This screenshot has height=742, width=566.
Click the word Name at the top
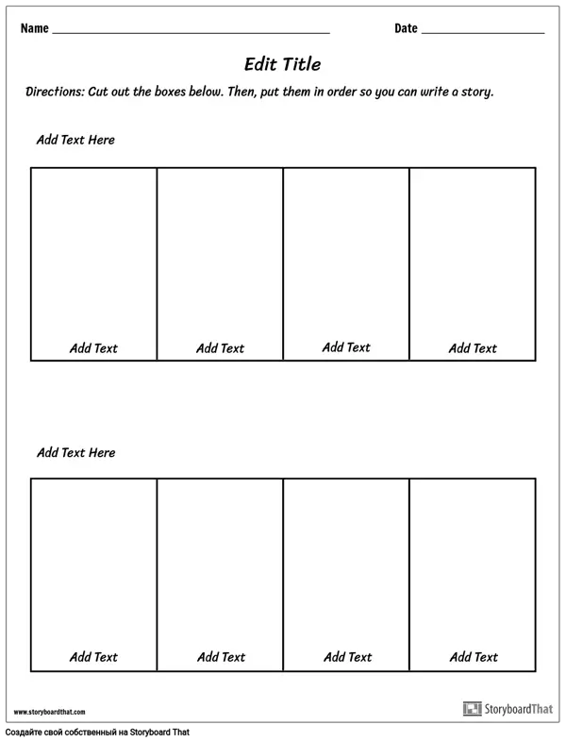(x=34, y=28)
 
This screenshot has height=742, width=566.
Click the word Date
(x=406, y=28)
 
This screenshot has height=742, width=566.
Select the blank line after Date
(x=483, y=32)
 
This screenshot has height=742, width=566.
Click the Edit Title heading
(x=282, y=64)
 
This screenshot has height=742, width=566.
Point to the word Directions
(x=55, y=93)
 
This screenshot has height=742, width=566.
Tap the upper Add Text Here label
(x=75, y=140)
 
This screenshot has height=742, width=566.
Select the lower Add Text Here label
(x=75, y=452)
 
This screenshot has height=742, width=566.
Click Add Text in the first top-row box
(x=93, y=348)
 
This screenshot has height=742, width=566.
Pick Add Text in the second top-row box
(x=220, y=348)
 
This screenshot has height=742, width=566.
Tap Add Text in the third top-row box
(x=346, y=347)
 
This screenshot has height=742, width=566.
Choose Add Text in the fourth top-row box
(x=473, y=348)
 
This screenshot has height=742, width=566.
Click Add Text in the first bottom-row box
(x=93, y=657)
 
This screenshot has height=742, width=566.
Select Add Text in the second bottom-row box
(x=220, y=657)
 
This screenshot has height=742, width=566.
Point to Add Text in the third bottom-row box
(x=346, y=657)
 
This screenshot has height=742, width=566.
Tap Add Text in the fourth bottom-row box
(x=473, y=657)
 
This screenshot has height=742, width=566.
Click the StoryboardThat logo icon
(x=471, y=708)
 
